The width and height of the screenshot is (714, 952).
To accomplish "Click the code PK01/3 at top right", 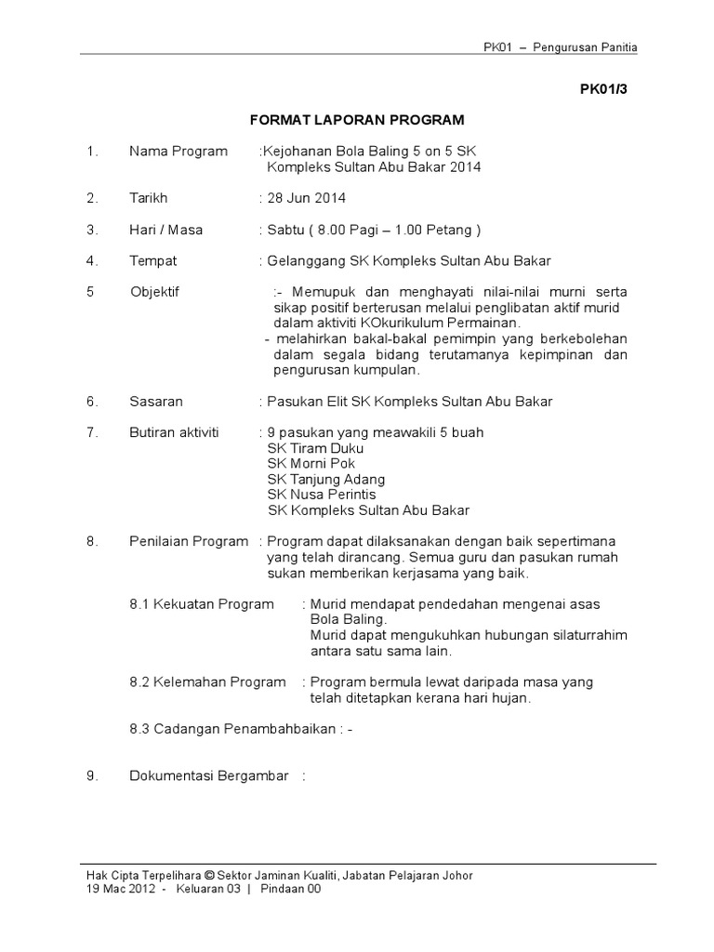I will [x=602, y=90].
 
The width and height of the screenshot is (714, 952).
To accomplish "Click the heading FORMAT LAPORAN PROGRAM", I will [x=358, y=120].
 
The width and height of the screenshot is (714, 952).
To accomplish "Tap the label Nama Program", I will [x=178, y=152].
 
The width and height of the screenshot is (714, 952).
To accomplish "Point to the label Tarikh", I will [x=149, y=198].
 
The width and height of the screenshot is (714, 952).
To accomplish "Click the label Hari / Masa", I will [x=166, y=230].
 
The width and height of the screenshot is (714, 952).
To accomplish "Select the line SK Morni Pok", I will [x=311, y=463].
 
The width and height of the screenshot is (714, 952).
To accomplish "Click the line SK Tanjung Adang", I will [x=325, y=479].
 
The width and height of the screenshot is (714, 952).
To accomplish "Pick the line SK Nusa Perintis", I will [x=322, y=495].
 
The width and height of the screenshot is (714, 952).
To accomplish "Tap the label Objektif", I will [x=155, y=292].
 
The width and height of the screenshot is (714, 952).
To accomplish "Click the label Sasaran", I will [x=156, y=402].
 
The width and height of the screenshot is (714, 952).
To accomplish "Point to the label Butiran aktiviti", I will [x=175, y=432].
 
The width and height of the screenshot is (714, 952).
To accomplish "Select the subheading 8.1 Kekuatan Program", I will [x=202, y=604].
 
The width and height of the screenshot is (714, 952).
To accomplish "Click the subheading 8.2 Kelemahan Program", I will [x=207, y=682].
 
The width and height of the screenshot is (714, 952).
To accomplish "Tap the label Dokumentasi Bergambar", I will [x=209, y=775].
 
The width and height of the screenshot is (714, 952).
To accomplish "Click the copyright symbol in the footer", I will [x=209, y=875].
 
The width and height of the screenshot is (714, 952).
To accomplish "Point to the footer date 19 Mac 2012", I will [x=117, y=890].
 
